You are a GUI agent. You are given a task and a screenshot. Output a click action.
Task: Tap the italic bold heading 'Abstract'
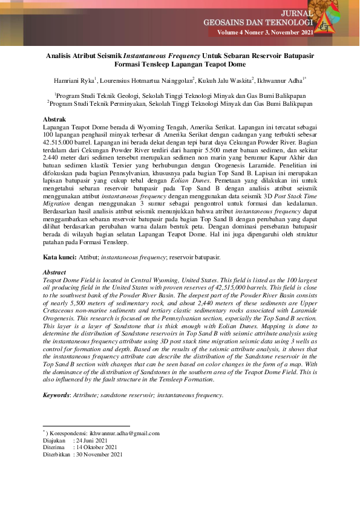click(56, 272)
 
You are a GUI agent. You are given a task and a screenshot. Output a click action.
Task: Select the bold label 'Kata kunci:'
click(59, 257)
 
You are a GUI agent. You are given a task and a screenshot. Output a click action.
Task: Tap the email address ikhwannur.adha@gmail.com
click(124, 433)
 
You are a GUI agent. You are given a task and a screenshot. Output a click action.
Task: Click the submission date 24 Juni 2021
click(91, 441)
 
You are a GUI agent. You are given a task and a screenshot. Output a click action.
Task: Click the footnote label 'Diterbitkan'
click(56, 455)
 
